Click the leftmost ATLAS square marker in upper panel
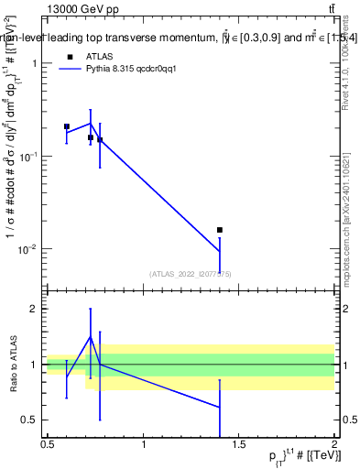point(67,126)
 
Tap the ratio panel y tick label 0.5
point(30,420)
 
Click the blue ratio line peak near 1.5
point(91,337)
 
